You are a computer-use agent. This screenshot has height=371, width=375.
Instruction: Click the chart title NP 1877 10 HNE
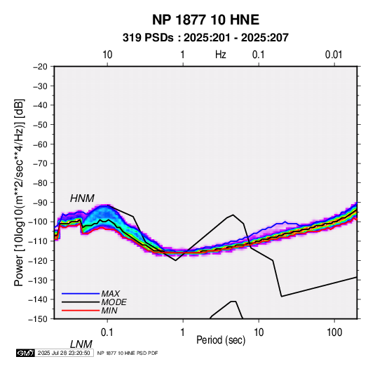tap(205, 20)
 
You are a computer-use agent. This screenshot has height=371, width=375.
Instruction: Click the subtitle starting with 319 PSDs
tap(205, 38)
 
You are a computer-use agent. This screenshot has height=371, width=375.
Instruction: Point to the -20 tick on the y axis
tap(40, 67)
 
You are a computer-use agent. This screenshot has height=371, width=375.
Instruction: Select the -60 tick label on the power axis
tap(40, 144)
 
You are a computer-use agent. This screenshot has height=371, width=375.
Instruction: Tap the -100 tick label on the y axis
tap(39, 222)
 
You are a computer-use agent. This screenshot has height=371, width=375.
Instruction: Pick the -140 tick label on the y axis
tap(39, 299)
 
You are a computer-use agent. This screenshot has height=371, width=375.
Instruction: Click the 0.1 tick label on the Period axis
tap(107, 332)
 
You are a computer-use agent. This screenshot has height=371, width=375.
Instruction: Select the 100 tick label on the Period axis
tap(334, 332)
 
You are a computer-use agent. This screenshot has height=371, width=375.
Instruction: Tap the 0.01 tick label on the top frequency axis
tap(334, 55)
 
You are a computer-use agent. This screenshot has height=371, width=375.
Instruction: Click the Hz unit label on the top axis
tap(221, 55)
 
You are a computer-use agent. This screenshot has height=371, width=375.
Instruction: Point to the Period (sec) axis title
tap(221, 340)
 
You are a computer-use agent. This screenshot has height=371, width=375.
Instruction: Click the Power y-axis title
tap(19, 193)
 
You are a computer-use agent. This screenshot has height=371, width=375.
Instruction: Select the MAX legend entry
tap(110, 293)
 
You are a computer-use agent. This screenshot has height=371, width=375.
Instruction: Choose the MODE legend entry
tap(114, 302)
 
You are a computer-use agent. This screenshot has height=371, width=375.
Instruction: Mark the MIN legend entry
tap(109, 311)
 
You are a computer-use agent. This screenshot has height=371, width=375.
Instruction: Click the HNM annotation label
tap(82, 198)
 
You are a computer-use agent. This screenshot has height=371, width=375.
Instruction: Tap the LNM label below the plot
tap(81, 344)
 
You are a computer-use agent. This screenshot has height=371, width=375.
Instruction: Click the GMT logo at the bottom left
tap(25, 353)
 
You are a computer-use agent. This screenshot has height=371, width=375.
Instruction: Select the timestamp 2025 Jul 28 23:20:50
tap(64, 353)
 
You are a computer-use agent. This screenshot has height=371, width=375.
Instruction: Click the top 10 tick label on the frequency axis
tap(107, 55)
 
